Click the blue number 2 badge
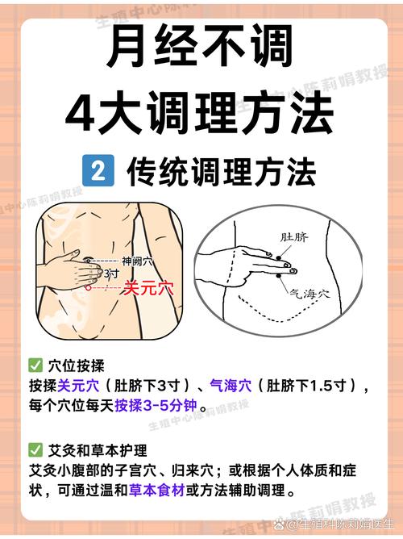98,170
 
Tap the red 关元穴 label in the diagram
148,288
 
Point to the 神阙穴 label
137,261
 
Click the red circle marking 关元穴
88,287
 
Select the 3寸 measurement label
111,274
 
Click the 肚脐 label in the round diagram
294,237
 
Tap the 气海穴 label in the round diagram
310,293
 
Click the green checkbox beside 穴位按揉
35,366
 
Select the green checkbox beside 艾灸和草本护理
35,450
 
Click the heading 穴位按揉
77,366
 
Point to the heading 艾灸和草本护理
98,450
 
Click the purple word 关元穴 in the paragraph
79,386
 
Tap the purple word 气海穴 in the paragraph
231,386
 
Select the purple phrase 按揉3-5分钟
156,406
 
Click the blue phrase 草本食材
157,491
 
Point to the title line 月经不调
200,47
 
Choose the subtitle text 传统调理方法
221,172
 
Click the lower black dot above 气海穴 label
278,275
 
